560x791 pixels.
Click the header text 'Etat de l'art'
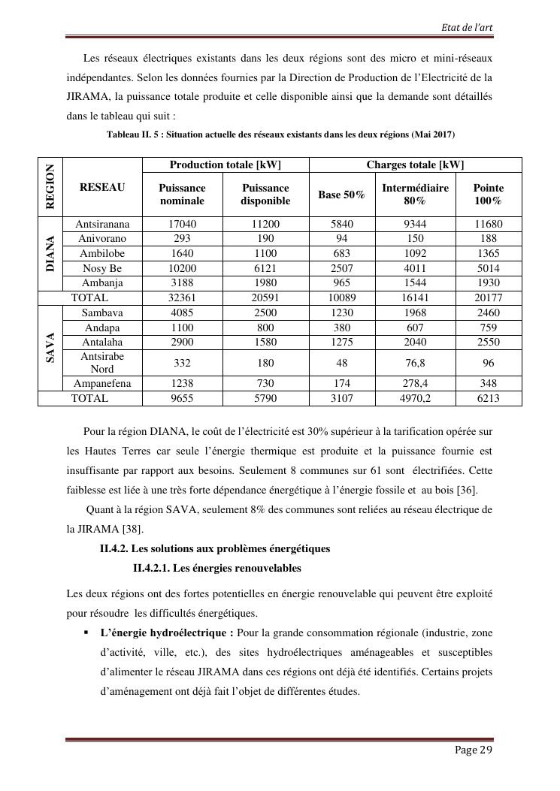pyautogui.click(x=468, y=28)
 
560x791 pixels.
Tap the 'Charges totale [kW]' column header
pyautogui.click(x=415, y=165)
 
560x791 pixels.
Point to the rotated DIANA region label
pyautogui.click(x=50, y=254)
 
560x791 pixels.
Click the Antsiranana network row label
pyautogui.click(x=102, y=224)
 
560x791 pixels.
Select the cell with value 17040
pyautogui.click(x=183, y=224)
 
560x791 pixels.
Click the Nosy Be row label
pyautogui.click(x=102, y=268)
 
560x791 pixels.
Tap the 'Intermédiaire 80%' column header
pyautogui.click(x=415, y=195)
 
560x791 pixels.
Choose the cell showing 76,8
pyautogui.click(x=415, y=363)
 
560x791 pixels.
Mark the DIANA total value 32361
pyautogui.click(x=183, y=297)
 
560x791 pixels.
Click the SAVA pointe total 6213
pyautogui.click(x=488, y=398)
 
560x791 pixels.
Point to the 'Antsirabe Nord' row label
pyautogui.click(x=102, y=363)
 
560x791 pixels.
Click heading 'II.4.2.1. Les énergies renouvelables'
pyautogui.click(x=216, y=568)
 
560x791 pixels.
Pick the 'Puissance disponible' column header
pyautogui.click(x=265, y=195)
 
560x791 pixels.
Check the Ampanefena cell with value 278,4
pyautogui.click(x=415, y=383)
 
